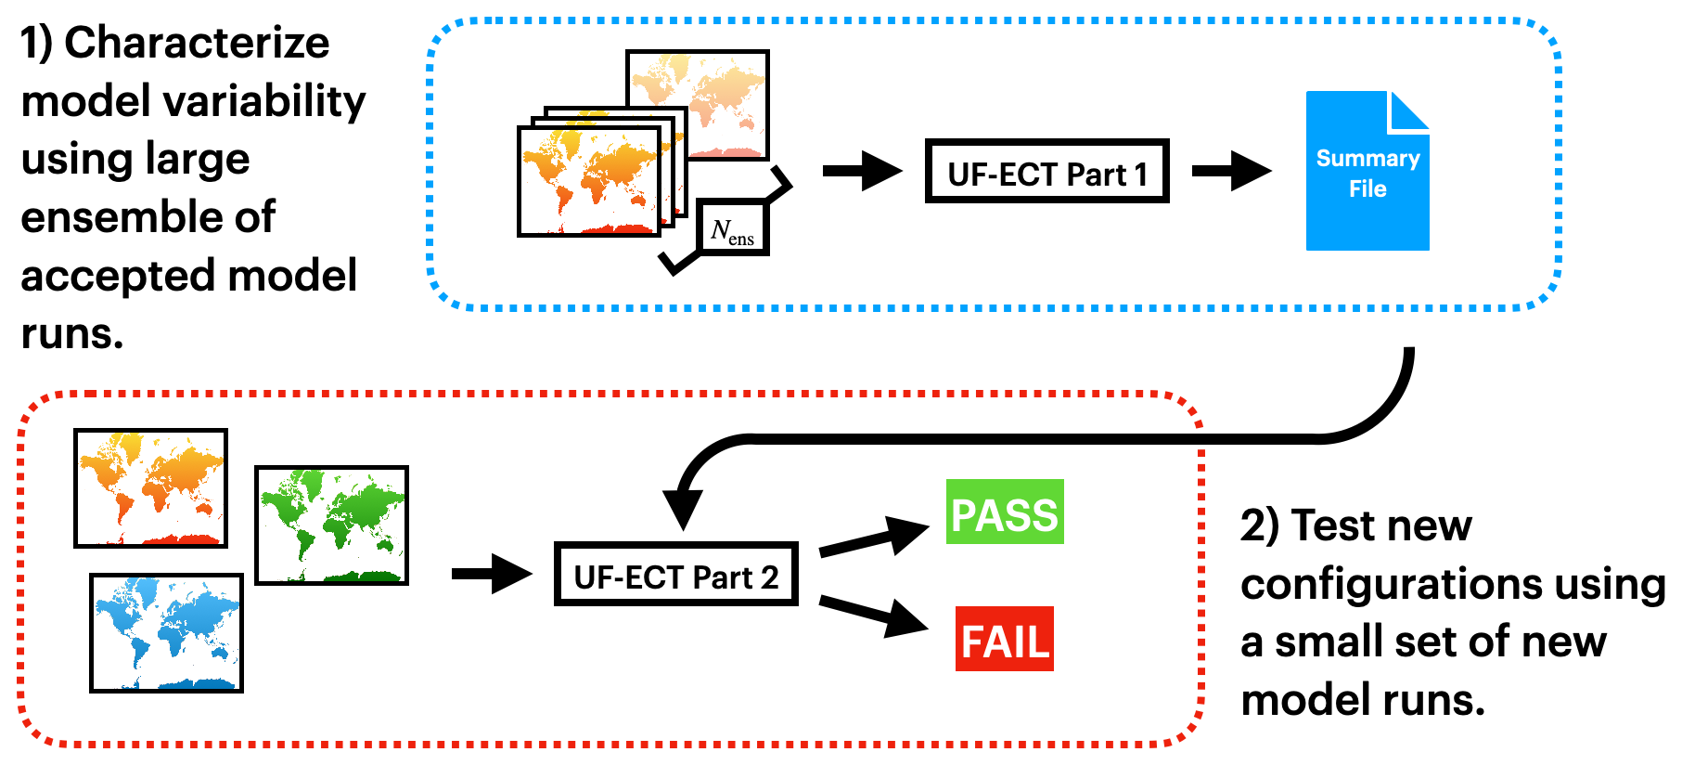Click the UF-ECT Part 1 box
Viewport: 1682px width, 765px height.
click(1046, 172)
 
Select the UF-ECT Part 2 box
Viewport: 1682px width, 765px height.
click(675, 575)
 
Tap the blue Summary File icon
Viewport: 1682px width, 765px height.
click(1367, 172)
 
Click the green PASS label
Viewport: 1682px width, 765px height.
click(1005, 512)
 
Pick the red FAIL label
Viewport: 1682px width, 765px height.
click(1005, 640)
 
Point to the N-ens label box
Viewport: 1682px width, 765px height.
click(732, 228)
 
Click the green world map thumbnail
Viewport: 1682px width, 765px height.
click(331, 525)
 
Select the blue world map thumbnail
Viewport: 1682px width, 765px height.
click(166, 632)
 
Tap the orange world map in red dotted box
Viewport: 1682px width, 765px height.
click(150, 487)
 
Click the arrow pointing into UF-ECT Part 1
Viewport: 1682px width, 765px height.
click(862, 171)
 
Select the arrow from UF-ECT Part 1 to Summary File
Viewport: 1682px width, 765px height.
click(1230, 171)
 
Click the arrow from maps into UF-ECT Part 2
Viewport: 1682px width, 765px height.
click(491, 574)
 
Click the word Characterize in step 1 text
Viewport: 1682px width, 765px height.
click(197, 43)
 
